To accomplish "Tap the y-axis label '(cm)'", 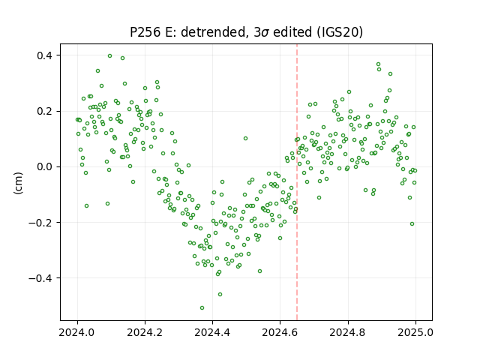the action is click(x=18, y=183).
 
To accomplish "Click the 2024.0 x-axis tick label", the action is click(x=77, y=332).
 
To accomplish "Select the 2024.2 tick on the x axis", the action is click(x=145, y=332).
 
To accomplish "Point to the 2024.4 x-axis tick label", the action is click(x=212, y=332).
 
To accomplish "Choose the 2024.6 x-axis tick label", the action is click(x=280, y=332).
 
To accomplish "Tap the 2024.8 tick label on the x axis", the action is click(x=348, y=332).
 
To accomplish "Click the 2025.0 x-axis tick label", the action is click(x=415, y=332).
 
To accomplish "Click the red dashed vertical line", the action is click(x=297, y=182).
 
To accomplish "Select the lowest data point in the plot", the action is click(x=202, y=308).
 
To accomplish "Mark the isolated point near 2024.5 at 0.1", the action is click(x=245, y=138).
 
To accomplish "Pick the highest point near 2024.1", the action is click(x=110, y=56).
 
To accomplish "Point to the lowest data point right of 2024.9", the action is click(x=412, y=224).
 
